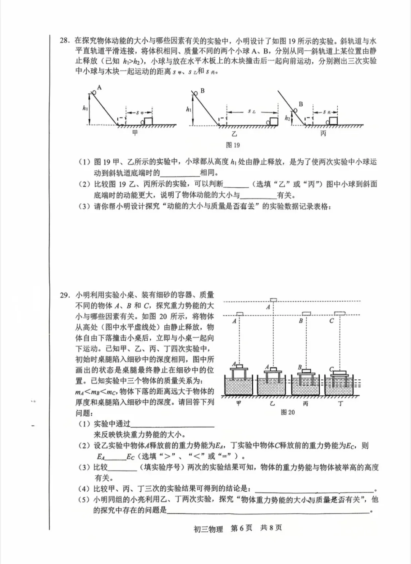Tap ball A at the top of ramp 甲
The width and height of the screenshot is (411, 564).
[93, 92]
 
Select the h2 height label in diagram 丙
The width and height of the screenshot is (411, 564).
[287, 118]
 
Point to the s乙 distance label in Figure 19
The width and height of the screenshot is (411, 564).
[251, 111]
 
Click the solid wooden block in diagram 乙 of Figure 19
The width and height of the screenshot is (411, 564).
[274, 121]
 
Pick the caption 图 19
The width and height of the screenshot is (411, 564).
[233, 145]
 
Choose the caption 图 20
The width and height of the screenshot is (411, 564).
[287, 412]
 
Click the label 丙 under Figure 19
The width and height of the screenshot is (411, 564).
[323, 133]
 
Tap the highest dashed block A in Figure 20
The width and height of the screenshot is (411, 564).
[273, 300]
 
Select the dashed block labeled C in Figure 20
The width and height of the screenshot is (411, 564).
[340, 313]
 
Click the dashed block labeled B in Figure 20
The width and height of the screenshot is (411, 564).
[306, 313]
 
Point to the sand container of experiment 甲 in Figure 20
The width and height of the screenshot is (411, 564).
[238, 386]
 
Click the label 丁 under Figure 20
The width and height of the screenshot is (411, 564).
[340, 403]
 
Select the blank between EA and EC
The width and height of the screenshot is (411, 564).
[115, 456]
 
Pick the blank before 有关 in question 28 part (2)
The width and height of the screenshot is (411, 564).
[258, 195]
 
